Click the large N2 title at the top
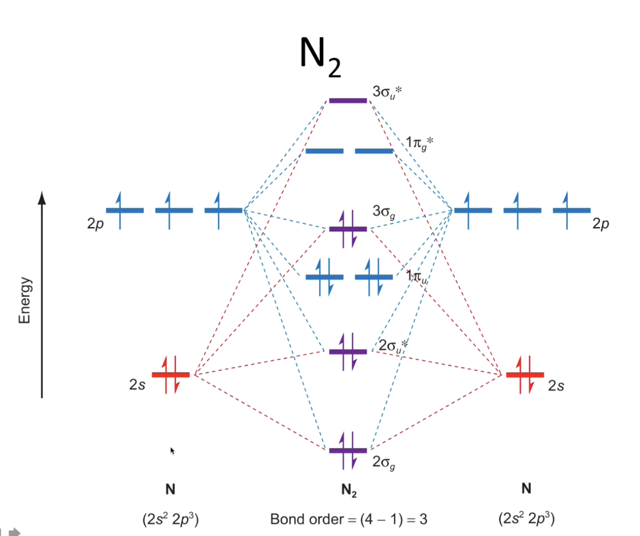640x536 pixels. (320, 55)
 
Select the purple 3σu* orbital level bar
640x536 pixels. (348, 100)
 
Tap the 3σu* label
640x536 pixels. (387, 92)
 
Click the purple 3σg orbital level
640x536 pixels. (348, 229)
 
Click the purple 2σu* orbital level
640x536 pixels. (348, 352)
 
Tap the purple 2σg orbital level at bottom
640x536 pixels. (348, 451)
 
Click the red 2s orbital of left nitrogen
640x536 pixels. (170, 375)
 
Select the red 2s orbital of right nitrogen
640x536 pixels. (525, 375)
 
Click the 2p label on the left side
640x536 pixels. (95, 224)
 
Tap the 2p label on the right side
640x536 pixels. (601, 224)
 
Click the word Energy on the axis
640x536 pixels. (25, 300)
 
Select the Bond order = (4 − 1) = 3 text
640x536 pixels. (349, 520)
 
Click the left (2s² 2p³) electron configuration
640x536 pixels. (170, 520)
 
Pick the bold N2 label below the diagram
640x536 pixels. (349, 490)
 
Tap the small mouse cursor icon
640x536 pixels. (173, 450)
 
